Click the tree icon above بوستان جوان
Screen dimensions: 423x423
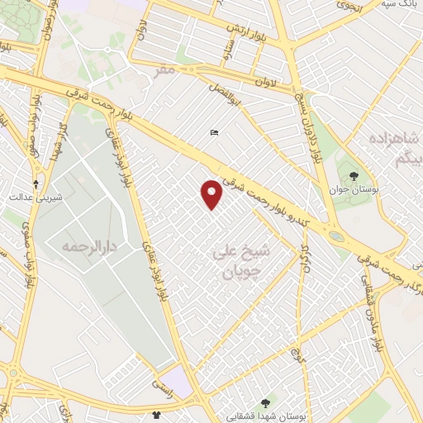pos(354,175)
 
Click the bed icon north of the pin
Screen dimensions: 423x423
pos(214,133)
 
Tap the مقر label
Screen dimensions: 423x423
pos(165,71)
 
